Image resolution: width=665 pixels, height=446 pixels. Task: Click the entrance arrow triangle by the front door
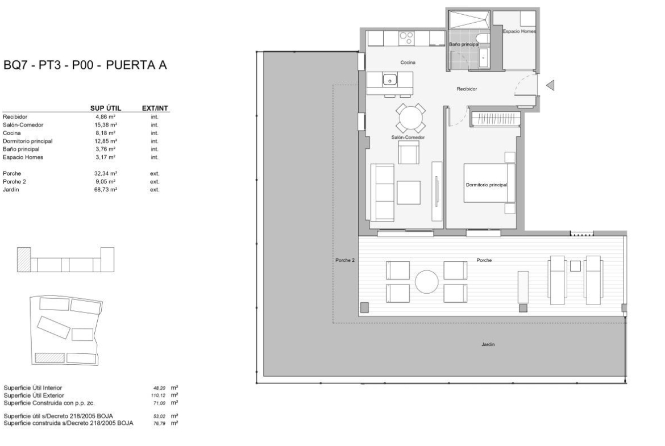click(x=550, y=85)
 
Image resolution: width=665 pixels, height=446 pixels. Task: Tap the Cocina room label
click(x=408, y=62)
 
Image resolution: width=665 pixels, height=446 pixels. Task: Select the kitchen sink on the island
click(x=389, y=80)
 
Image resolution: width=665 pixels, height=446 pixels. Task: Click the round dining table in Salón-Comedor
click(x=410, y=118)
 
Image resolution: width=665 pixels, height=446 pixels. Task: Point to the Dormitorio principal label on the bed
click(x=487, y=185)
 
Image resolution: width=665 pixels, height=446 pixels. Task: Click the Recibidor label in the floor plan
click(x=467, y=89)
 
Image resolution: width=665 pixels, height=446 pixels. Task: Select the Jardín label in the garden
click(x=488, y=345)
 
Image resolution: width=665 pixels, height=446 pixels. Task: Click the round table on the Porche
click(x=427, y=282)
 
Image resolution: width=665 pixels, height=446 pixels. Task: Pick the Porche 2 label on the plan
click(x=345, y=260)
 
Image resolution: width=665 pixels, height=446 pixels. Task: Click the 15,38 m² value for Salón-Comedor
click(x=106, y=125)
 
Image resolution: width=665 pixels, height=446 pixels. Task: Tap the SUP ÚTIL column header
click(x=106, y=109)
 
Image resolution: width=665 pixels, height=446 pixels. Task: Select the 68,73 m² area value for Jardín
click(x=106, y=190)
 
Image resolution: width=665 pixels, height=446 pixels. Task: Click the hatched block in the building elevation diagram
click(x=24, y=260)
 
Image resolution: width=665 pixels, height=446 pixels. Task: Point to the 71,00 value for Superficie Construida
click(x=160, y=403)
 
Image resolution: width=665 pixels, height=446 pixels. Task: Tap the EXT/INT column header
click(x=155, y=109)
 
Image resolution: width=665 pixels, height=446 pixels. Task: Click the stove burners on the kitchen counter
click(x=406, y=39)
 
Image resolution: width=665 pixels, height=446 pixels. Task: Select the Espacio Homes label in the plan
click(x=519, y=31)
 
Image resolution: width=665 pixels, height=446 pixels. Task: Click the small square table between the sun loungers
click(x=575, y=266)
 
